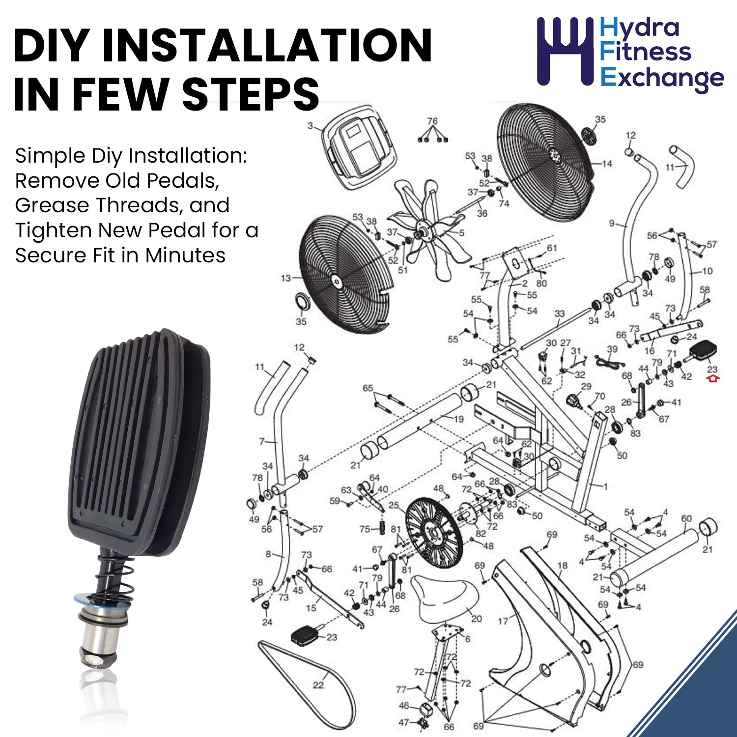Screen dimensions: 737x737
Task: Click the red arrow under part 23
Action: coord(713,378)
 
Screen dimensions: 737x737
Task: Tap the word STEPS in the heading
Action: coord(251,93)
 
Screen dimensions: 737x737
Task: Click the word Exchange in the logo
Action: coord(662,79)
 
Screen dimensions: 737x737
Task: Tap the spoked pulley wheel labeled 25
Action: coord(434,533)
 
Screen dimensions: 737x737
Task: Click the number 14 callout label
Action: coord(607,164)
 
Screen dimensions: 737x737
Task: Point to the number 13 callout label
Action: coord(286,279)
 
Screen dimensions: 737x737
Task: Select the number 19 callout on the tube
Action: coord(459,419)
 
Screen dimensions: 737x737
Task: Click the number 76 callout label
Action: coord(432,121)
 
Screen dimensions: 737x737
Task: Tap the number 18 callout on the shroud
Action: coord(563,566)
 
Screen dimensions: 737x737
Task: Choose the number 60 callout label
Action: coord(686,518)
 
